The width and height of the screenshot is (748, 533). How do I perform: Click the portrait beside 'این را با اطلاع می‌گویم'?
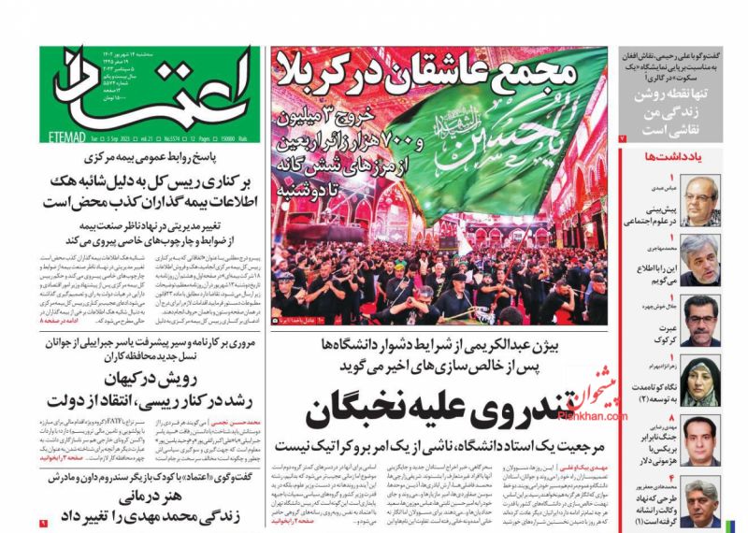(x=700, y=260)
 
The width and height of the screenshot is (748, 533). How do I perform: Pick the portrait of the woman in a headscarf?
(x=700, y=379)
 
